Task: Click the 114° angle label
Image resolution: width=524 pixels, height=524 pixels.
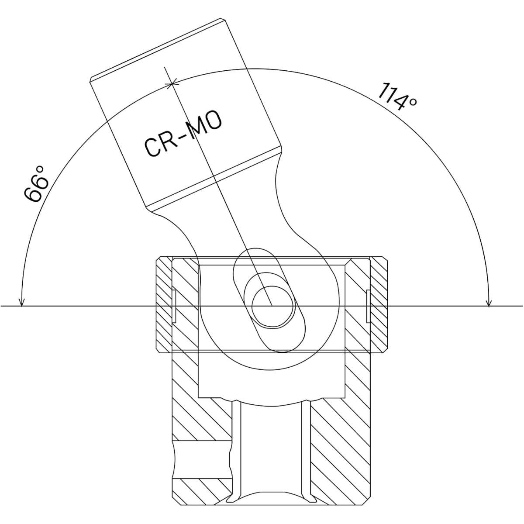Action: click(397, 97)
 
